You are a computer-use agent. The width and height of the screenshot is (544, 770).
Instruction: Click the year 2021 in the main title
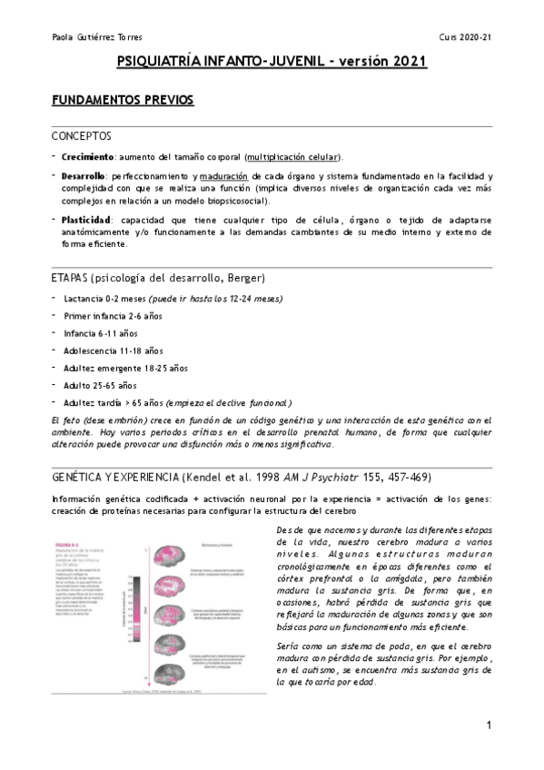coord(406,62)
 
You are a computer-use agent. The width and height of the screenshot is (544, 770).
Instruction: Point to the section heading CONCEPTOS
coord(82,136)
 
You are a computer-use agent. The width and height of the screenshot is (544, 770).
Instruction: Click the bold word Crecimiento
coord(88,156)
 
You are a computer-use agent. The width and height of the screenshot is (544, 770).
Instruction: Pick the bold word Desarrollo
coord(84,176)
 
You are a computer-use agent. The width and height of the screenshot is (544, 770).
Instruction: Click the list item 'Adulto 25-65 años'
coord(103,385)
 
